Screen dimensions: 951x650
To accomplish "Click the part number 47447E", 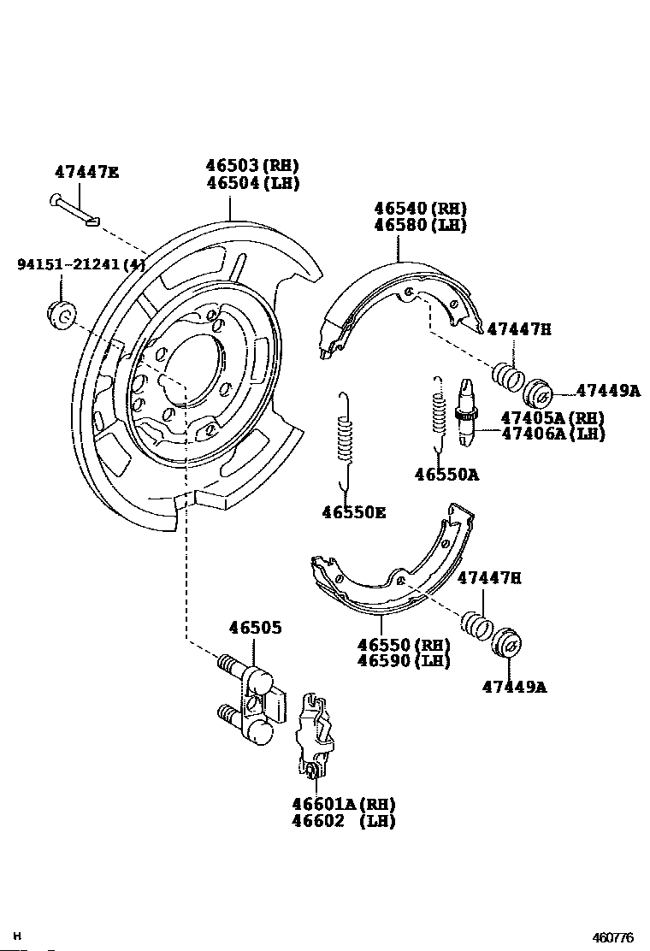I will pos(86,171).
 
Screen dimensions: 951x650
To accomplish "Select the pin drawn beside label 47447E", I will pos(74,210).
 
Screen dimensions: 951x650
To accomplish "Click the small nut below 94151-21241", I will pos(60,313).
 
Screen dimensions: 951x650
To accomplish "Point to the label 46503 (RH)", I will pos(252,166).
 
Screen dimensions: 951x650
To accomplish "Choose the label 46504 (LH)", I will pos(252,183).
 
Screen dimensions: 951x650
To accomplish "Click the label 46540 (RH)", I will pos(420,209).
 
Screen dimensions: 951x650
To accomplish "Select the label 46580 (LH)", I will pos(420,225).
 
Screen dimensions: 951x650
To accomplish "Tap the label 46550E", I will pos(353,512).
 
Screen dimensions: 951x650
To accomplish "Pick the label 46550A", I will pos(446,474).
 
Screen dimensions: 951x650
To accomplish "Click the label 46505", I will pos(255,628).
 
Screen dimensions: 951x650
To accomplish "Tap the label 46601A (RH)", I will pos(343,804).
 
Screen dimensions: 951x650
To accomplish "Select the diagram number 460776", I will pos(614,937).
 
